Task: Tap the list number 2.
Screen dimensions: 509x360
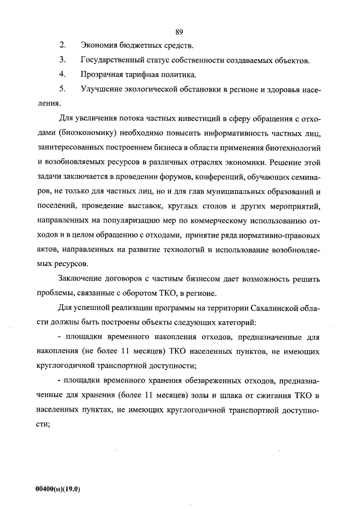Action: (x=62, y=45)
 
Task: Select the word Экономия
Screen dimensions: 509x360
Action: (x=101, y=45)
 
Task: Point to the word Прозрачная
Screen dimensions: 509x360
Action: (x=103, y=74)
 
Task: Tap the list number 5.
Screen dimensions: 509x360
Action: (x=62, y=89)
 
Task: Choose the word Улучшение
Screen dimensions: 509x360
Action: (x=103, y=89)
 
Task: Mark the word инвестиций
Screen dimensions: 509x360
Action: (x=177, y=118)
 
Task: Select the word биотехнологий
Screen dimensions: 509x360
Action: (x=292, y=147)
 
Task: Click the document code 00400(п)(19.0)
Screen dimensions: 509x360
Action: (x=58, y=489)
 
